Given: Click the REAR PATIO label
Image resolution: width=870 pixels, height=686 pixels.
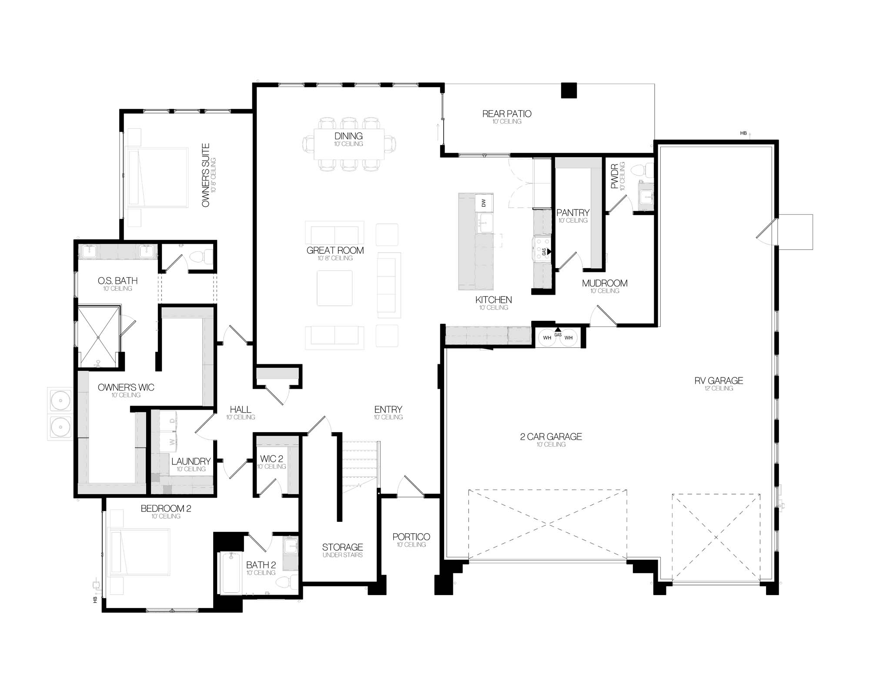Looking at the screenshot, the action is pos(507,114).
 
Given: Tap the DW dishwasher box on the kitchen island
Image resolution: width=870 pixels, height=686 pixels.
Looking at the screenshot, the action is pos(484,202).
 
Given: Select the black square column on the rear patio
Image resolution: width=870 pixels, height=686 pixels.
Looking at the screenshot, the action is pos(569,91).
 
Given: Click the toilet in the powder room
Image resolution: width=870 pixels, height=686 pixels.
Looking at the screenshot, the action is pos(643,171).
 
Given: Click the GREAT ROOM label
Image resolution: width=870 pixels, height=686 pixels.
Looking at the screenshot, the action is pos(335,250).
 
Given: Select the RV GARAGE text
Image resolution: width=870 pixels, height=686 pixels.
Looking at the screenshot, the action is pos(719,380).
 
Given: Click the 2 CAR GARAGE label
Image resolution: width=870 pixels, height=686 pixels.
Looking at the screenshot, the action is pos(551,437).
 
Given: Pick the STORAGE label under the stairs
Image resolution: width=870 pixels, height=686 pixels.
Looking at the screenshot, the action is pos(342,547).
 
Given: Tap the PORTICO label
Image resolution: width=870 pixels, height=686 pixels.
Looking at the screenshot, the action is pos(411,537).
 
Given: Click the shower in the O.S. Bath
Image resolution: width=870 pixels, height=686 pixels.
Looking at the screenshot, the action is pos(98,336).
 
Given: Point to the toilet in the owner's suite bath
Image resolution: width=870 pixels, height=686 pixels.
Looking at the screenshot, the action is pos(201,257).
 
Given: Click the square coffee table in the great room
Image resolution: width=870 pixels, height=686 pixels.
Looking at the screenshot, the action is pos(335,288).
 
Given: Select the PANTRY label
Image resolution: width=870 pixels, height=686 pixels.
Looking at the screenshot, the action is pos(573,213).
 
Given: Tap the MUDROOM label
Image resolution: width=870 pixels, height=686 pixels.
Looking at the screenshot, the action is pos(605,283).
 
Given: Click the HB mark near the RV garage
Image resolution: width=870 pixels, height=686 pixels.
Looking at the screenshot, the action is pos(743,133).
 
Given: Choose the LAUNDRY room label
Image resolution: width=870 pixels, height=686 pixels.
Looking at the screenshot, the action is pos(191,461).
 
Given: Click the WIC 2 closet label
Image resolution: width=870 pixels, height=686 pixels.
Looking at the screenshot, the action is pos(271,459).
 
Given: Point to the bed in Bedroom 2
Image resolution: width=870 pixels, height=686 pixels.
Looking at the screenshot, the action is pos(139,552).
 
